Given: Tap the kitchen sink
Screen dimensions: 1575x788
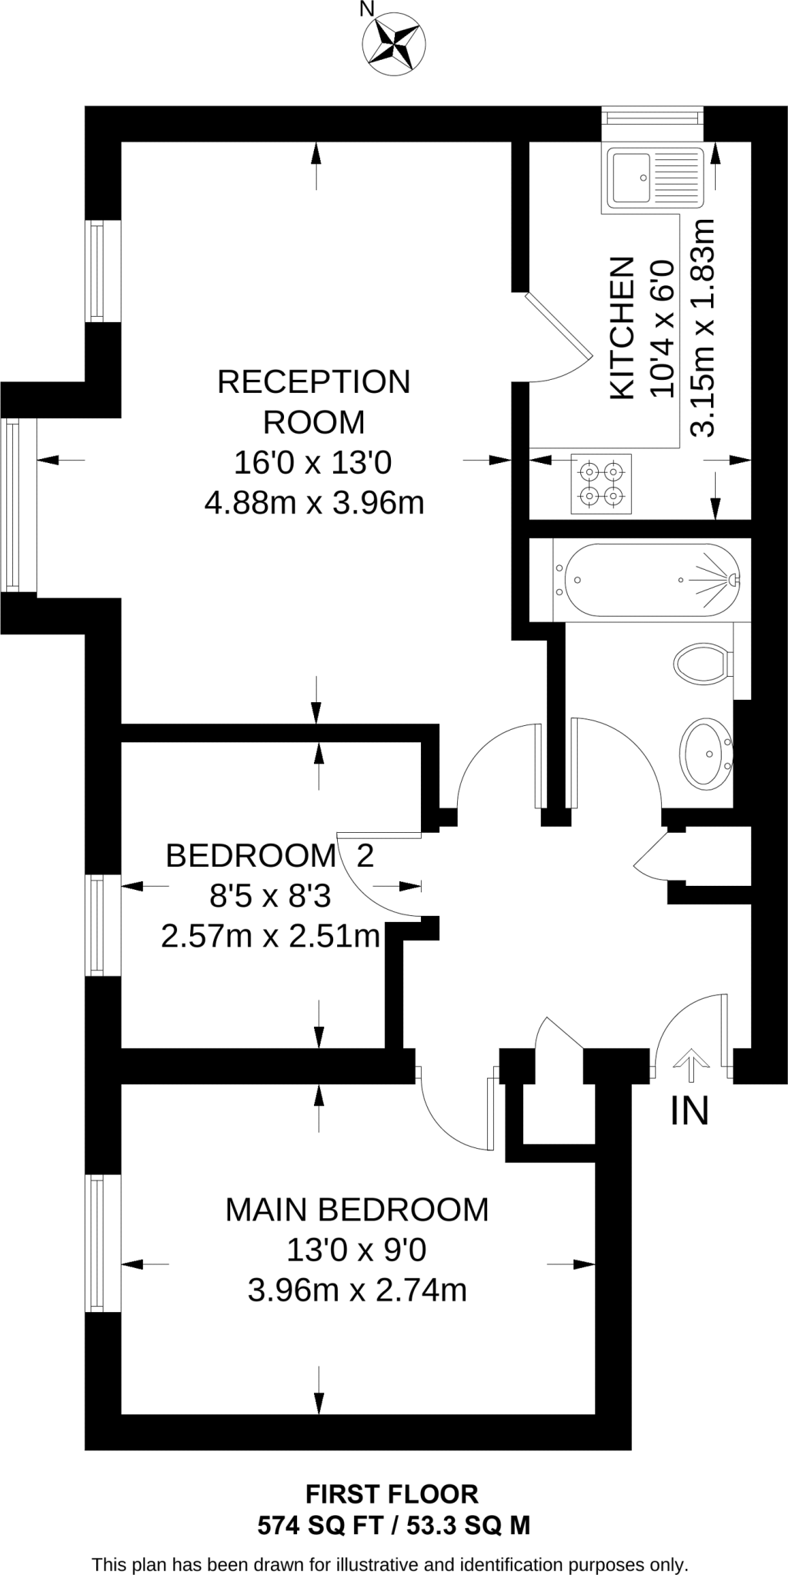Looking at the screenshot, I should [x=654, y=178].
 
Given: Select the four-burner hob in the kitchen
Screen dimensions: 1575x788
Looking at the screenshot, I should [x=601, y=484].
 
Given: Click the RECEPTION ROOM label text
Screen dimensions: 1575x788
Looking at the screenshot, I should [x=314, y=401].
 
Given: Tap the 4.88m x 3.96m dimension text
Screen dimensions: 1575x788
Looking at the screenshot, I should [x=314, y=503].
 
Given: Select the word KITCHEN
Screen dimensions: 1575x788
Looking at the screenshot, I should [x=622, y=328].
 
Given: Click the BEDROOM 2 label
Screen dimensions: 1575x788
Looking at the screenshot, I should [x=269, y=855].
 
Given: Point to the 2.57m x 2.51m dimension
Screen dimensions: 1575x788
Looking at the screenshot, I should [x=270, y=936].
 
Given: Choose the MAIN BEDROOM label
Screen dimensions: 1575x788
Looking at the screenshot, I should [x=356, y=1210].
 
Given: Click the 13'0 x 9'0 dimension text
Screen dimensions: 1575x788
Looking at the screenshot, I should [x=356, y=1250].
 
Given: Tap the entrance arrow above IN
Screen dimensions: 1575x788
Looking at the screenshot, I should [x=690, y=1067].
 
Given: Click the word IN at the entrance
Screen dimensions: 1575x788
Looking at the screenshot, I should [x=689, y=1111].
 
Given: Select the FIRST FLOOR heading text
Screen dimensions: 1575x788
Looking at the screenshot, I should [x=392, y=1493].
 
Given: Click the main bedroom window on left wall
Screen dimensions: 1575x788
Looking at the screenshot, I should [x=97, y=1243].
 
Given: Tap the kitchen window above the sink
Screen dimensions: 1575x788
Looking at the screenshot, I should [x=652, y=117].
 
